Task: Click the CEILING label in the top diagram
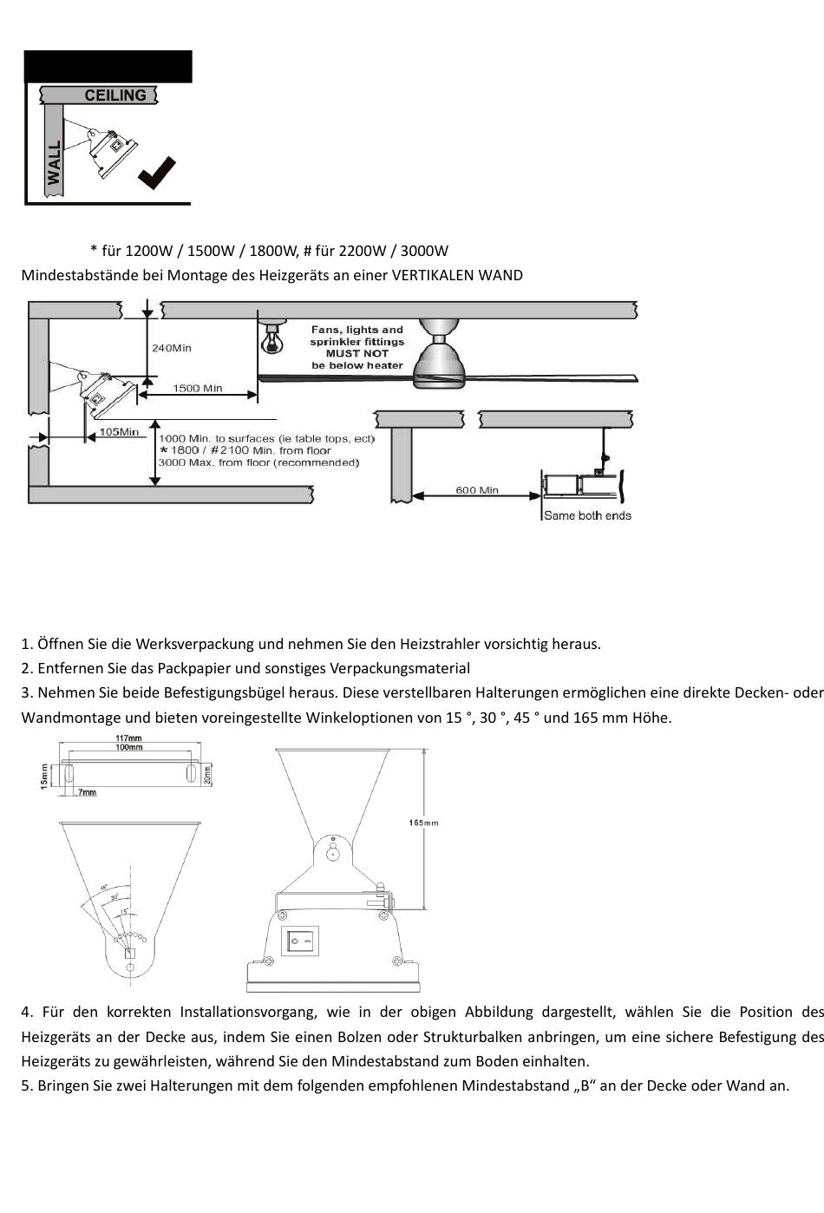point(115,95)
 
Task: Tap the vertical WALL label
point(55,162)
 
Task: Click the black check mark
point(157,173)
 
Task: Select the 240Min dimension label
point(172,348)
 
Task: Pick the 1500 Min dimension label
point(198,388)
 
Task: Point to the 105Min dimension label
point(119,431)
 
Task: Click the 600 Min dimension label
point(477,490)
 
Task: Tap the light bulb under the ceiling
point(272,339)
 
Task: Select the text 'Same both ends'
point(587,515)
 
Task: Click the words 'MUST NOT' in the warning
point(357,354)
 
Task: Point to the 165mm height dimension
point(423,823)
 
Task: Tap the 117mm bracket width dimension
point(128,738)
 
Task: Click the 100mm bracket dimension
point(128,746)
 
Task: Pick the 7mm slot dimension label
point(87,792)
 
